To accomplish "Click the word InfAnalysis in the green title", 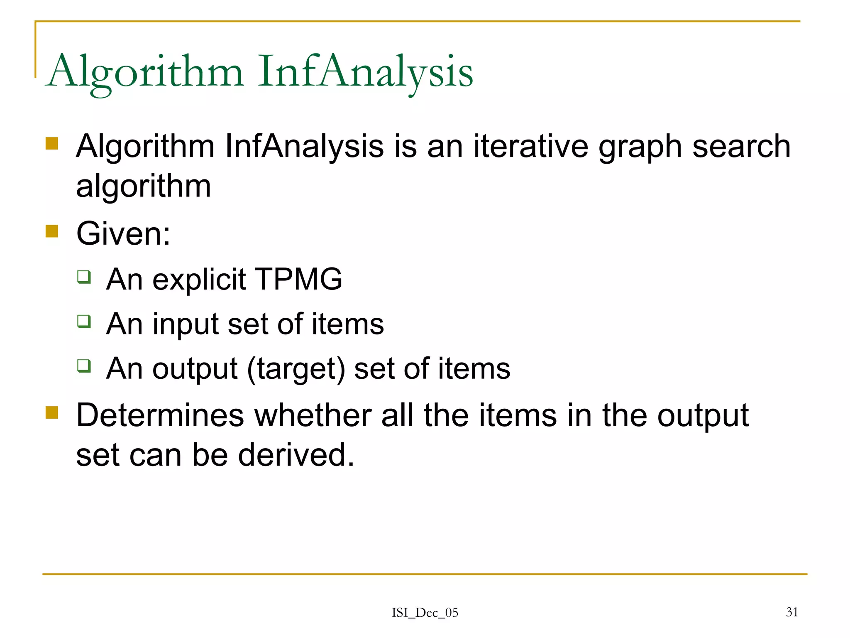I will click(x=365, y=71).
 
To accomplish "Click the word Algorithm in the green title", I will click(x=145, y=71).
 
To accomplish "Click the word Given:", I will click(x=123, y=233).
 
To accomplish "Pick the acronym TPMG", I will click(x=299, y=279).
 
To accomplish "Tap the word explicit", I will click(x=199, y=280).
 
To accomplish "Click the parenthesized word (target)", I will click(x=296, y=369).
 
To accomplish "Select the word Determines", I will click(x=160, y=415).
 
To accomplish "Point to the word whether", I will click(x=313, y=415).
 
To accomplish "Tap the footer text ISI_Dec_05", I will click(x=425, y=613).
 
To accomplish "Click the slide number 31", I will click(x=792, y=612).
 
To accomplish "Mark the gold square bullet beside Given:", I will click(x=52, y=231).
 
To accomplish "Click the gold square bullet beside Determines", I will click(x=52, y=412).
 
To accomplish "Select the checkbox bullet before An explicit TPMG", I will click(x=84, y=277).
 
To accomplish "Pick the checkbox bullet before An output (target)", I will click(x=84, y=366).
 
